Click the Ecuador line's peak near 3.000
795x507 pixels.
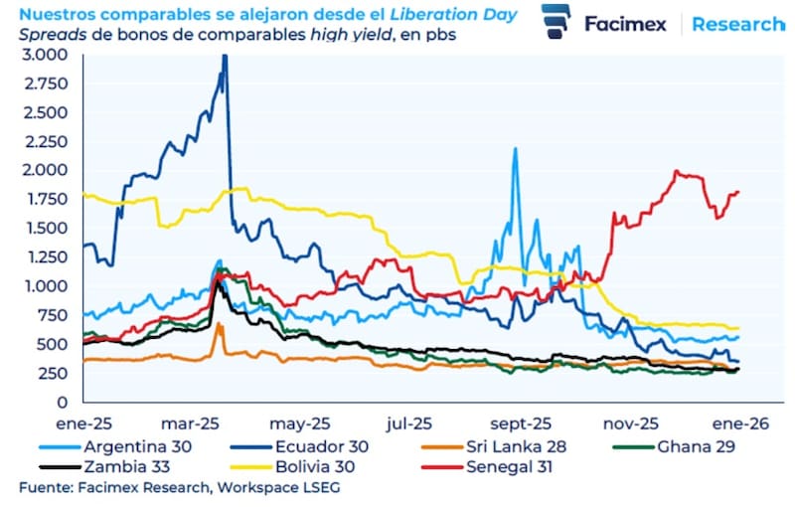click(x=225, y=57)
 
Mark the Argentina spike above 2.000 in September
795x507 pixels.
click(x=515, y=150)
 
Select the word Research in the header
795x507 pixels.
click(x=736, y=25)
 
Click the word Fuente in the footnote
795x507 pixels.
click(x=42, y=488)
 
